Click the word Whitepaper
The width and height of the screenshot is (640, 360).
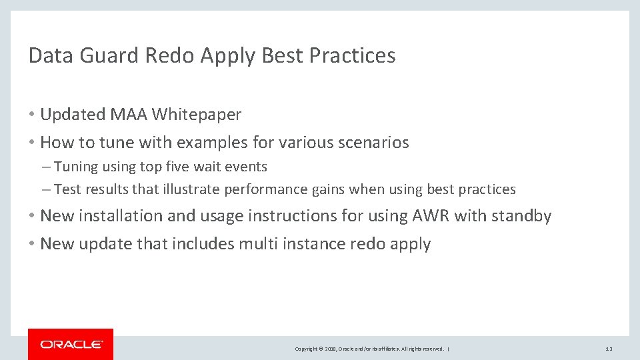click(197, 115)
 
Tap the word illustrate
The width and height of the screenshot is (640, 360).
click(191, 189)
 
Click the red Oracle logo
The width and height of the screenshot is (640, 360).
click(71, 344)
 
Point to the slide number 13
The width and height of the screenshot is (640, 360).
click(609, 349)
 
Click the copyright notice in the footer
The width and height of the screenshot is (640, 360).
click(371, 349)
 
